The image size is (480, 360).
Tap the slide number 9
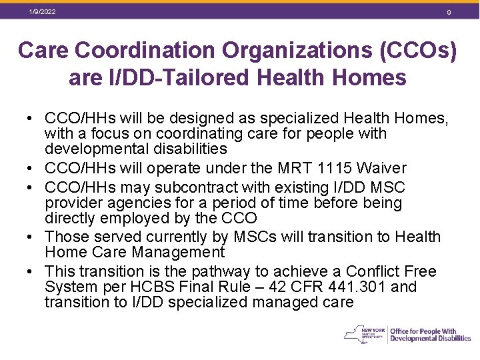click(449, 13)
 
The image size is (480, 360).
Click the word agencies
click(134, 203)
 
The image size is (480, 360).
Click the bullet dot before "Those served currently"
click(31, 237)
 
